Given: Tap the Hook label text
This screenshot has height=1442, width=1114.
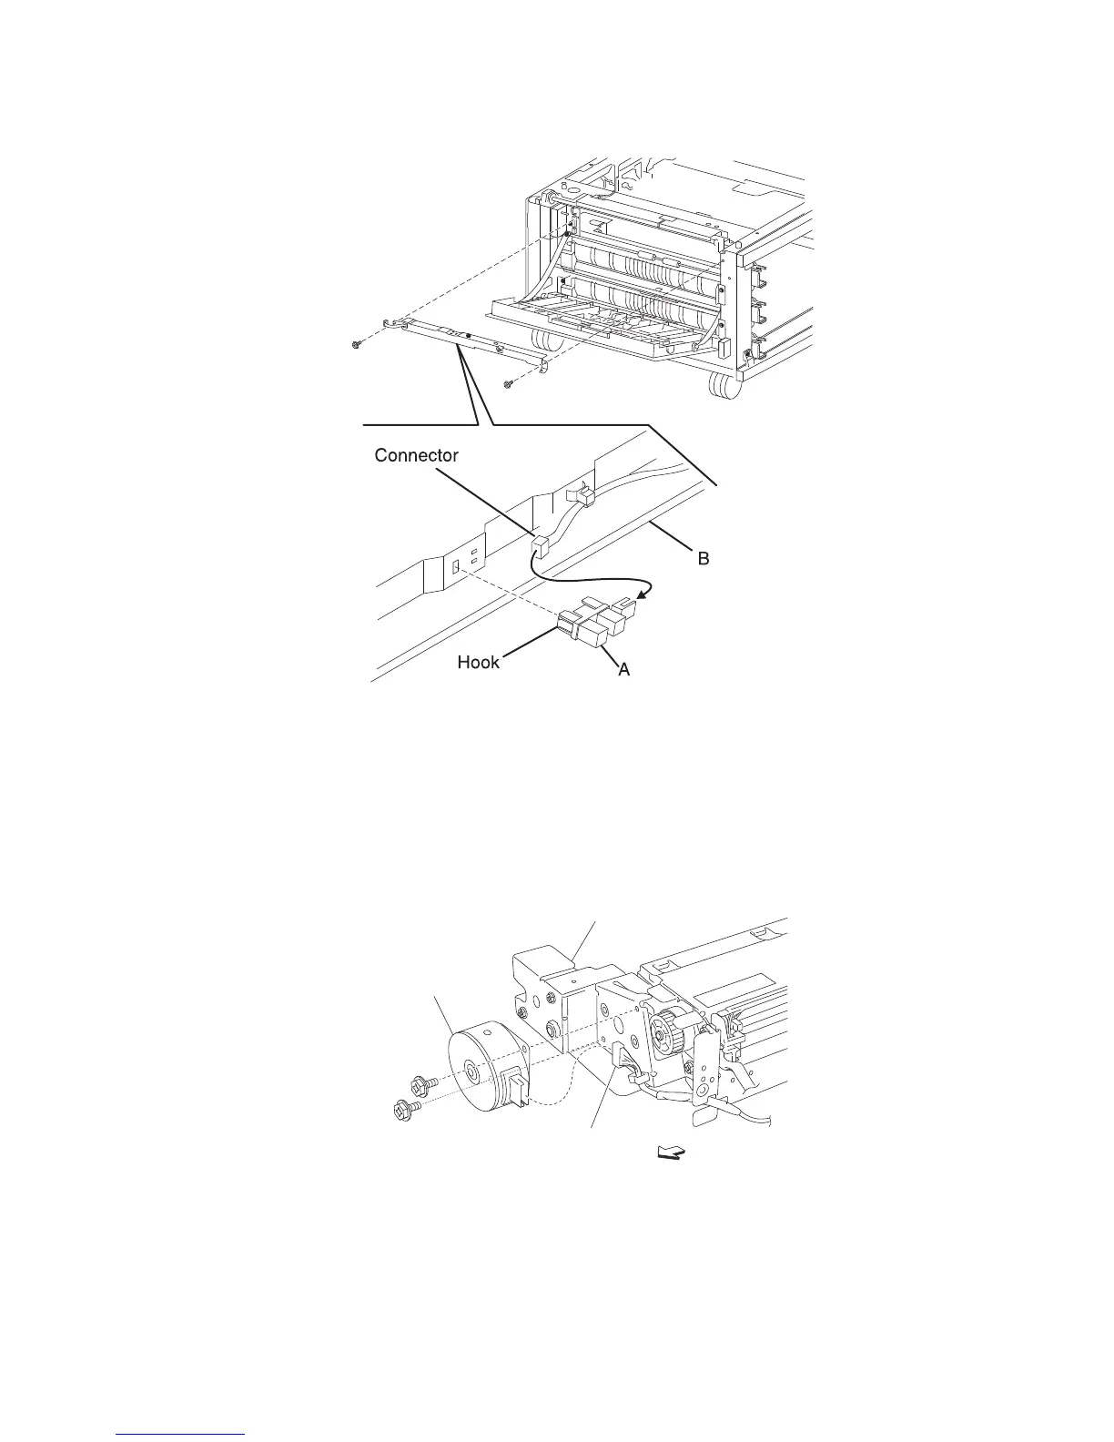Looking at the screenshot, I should (479, 662).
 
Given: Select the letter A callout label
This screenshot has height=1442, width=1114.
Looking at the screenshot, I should (624, 669).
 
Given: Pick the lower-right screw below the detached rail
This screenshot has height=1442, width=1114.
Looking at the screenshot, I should (510, 385).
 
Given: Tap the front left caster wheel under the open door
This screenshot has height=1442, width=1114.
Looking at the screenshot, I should (543, 342).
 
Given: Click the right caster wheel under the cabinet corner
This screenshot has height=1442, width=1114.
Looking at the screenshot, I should (722, 389).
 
